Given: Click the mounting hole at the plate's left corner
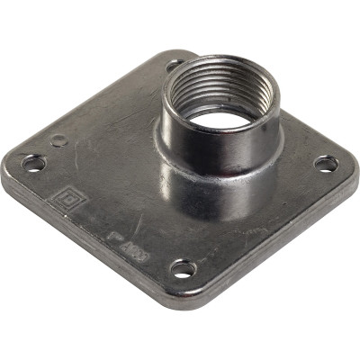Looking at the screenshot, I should point(34,163).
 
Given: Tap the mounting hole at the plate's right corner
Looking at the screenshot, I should point(326,163).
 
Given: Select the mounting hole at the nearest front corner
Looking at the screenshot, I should point(182,268).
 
